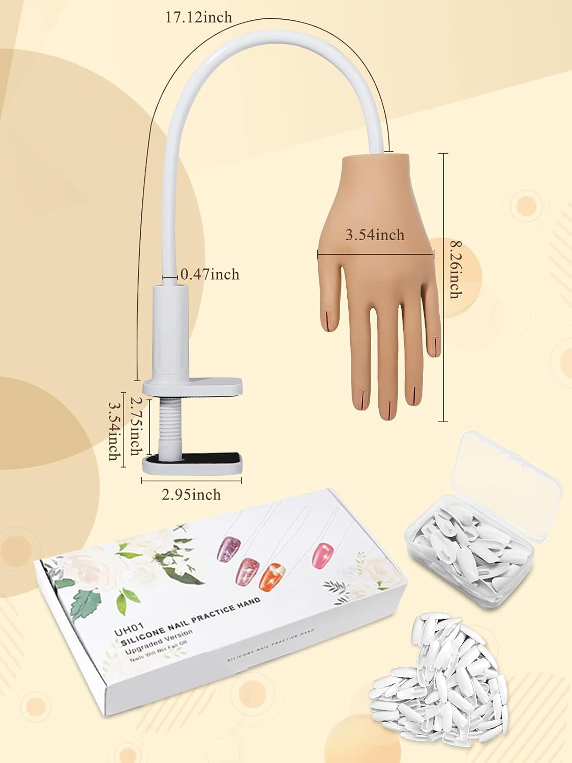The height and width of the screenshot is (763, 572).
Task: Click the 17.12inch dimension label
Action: click(198, 17)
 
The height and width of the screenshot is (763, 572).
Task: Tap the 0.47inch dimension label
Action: click(209, 275)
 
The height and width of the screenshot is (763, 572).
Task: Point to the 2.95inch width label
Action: click(191, 494)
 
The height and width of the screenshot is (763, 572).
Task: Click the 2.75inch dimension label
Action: click(136, 426)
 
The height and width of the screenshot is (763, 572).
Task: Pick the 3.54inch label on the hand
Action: click(375, 234)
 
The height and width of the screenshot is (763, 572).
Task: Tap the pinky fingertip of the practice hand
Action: click(433, 345)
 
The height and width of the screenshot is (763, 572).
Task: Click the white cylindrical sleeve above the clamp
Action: click(170, 331)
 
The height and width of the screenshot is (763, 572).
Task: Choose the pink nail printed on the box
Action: click(322, 553)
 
